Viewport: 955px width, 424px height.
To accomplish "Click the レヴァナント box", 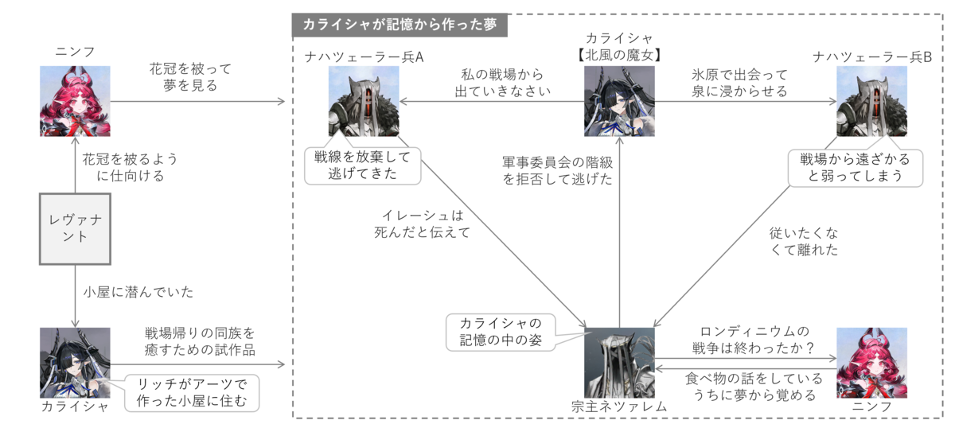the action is coord(75,229).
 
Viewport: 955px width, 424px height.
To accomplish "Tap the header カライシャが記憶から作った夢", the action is coord(400,25).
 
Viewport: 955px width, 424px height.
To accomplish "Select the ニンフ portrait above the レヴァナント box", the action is coord(75,101).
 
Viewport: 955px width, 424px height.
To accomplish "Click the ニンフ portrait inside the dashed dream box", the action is coord(872,363).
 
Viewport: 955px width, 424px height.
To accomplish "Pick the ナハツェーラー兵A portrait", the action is coord(364,101).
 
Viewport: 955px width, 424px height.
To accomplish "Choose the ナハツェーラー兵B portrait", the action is coord(872,101).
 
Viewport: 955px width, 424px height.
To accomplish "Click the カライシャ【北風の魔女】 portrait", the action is coord(619,101).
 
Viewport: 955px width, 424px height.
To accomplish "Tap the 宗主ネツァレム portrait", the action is coord(619,363).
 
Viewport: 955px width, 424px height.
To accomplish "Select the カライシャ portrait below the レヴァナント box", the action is coord(75,363).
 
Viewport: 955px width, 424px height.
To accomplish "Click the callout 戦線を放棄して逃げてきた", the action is coord(362,165).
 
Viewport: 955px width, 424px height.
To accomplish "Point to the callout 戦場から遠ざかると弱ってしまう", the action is coord(856,168).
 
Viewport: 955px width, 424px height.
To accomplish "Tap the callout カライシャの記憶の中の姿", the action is coord(501,333).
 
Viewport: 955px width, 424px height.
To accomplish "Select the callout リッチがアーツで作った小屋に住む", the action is coord(192,393).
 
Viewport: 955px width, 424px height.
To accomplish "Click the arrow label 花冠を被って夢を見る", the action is coord(190,77).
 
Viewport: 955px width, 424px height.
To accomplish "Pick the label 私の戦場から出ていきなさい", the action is coord(503,83).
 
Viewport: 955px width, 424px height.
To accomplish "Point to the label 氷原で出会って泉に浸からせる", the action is coord(739,83).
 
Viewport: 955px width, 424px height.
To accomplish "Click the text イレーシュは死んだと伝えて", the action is coord(422,224).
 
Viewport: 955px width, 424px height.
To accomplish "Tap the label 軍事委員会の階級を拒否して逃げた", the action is coord(557,170).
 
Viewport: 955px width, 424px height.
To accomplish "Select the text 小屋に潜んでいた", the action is coord(138,292).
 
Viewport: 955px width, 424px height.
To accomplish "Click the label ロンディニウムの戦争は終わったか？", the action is coord(754,340).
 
